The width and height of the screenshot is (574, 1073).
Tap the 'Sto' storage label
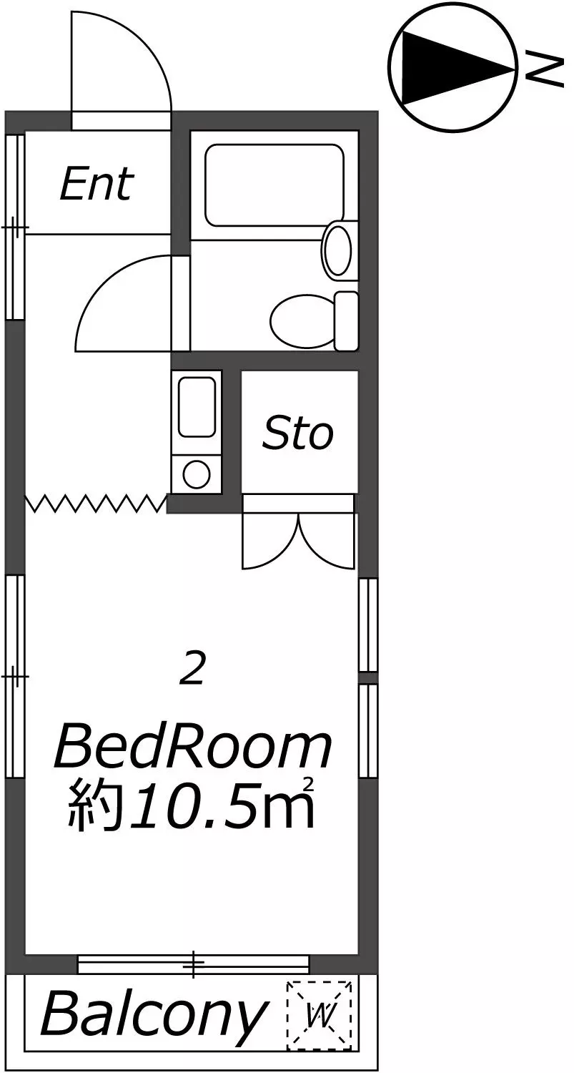298,433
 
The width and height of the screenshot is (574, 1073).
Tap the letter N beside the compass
544,72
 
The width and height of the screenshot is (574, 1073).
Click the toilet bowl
302,320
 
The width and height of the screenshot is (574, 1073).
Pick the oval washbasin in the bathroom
337,250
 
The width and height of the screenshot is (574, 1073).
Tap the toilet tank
346,320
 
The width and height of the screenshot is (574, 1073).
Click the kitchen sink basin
197,407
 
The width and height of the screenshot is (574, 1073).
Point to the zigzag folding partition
97,504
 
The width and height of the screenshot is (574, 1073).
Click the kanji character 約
92,809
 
